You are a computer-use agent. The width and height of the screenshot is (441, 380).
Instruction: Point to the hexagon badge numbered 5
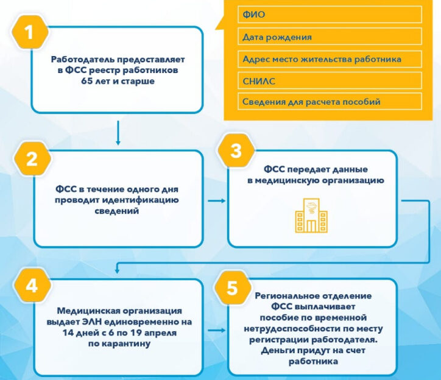pos(232,287)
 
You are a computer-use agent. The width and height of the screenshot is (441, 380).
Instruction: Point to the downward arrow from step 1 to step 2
pos(118,133)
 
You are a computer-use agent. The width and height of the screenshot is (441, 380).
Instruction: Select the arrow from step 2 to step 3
pos(214,200)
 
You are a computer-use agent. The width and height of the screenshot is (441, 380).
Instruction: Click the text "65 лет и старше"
pos(118,82)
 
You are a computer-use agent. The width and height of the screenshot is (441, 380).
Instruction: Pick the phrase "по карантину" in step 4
pos(118,343)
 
